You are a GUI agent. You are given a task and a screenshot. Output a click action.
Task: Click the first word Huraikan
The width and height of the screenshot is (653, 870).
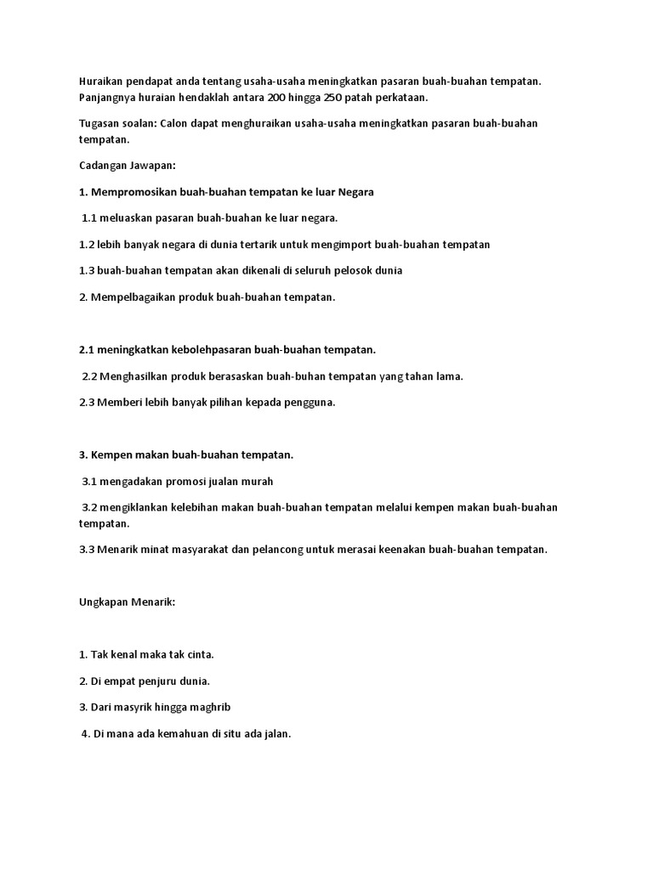(100, 81)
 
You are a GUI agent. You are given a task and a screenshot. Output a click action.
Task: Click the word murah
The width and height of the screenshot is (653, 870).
(257, 481)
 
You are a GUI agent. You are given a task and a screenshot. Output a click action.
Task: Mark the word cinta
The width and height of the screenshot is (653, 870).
(199, 654)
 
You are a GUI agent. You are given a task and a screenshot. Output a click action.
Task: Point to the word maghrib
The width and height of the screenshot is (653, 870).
(208, 707)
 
